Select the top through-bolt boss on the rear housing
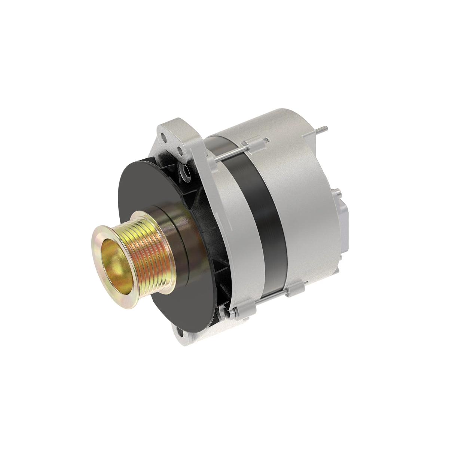[x=254, y=145]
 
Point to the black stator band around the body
[x=262, y=210]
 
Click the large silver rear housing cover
[x=307, y=187]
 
